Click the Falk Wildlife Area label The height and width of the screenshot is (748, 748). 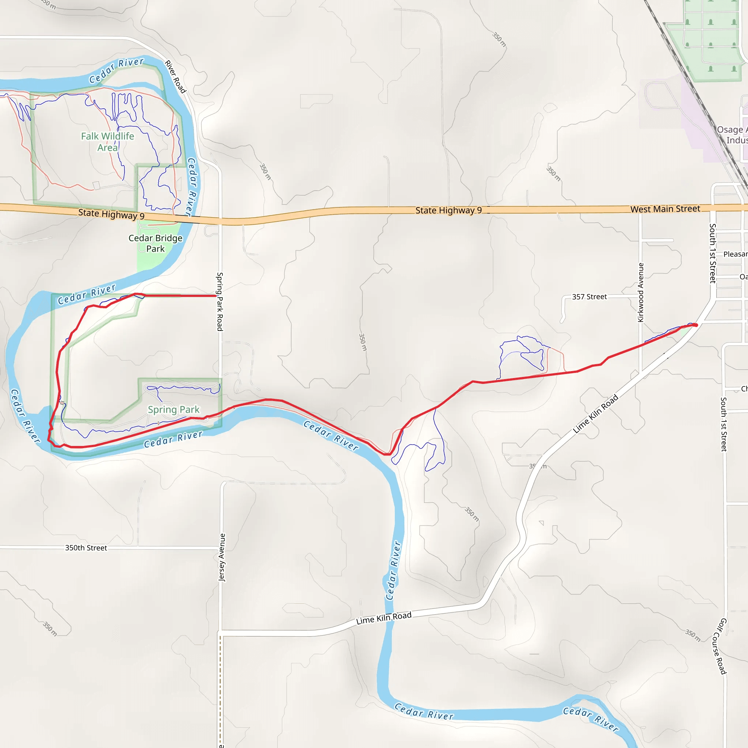pyautogui.click(x=107, y=142)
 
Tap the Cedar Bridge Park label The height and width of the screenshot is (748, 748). pyautogui.click(x=155, y=243)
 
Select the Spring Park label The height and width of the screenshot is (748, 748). pyautogui.click(x=173, y=410)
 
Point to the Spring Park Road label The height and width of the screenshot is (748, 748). pyautogui.click(x=220, y=302)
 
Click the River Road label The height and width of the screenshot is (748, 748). pyautogui.click(x=176, y=77)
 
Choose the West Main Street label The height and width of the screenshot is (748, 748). pyautogui.click(x=665, y=209)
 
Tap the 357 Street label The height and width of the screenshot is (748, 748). pyautogui.click(x=589, y=297)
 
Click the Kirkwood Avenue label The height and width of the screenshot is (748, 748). pyautogui.click(x=641, y=292)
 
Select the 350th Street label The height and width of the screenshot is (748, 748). pyautogui.click(x=86, y=548)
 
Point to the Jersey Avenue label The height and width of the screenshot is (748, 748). pyautogui.click(x=222, y=557)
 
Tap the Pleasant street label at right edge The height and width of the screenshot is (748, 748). pyautogui.click(x=735, y=254)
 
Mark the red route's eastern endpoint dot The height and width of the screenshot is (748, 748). pyautogui.click(x=695, y=325)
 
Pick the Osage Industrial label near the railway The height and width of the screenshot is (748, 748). pyautogui.click(x=732, y=135)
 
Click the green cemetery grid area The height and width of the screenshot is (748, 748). pyautogui.click(x=710, y=39)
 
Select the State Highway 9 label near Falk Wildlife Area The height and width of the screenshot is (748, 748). pyautogui.click(x=111, y=214)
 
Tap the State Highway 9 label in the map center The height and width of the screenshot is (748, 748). pyautogui.click(x=449, y=210)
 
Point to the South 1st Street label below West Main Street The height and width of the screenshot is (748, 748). pyautogui.click(x=712, y=253)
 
